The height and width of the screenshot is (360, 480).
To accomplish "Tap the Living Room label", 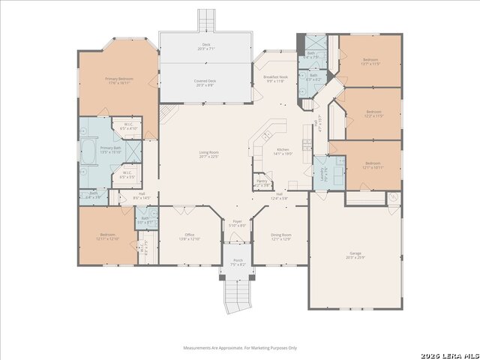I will click(208, 154).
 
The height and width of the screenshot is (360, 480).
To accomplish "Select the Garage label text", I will click(355, 253).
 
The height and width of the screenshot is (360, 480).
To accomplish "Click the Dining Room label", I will click(281, 235).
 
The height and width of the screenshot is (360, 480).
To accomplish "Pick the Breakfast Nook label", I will click(274, 77).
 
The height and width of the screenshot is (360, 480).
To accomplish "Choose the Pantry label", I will click(262, 181).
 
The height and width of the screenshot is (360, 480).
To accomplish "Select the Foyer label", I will click(237, 223).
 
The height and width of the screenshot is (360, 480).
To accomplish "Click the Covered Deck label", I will click(205, 82).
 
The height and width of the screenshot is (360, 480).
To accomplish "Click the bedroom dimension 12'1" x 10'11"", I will click(373, 167).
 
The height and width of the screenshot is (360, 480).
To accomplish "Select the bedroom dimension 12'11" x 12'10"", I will click(108, 238).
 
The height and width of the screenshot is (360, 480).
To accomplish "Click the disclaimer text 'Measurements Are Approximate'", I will click(240, 348).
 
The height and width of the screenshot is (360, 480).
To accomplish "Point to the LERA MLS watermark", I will click(451, 354).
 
